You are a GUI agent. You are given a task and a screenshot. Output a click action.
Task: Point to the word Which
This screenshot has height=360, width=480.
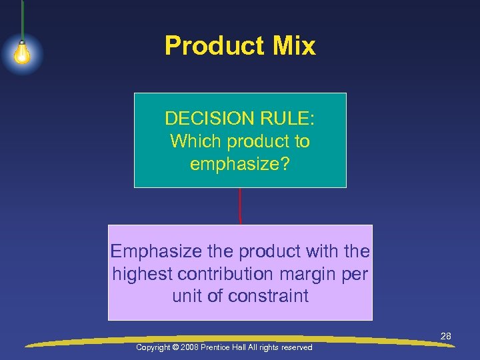[196, 141]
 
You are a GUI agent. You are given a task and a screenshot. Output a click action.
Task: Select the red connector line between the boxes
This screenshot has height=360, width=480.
[239, 206]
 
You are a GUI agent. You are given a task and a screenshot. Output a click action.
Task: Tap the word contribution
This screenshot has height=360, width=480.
[224, 274]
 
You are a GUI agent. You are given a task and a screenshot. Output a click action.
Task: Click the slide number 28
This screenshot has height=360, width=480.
[445, 336]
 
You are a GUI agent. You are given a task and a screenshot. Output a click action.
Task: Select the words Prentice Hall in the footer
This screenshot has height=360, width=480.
[229, 347]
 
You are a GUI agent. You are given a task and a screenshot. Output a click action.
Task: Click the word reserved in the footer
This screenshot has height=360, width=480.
[296, 347]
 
